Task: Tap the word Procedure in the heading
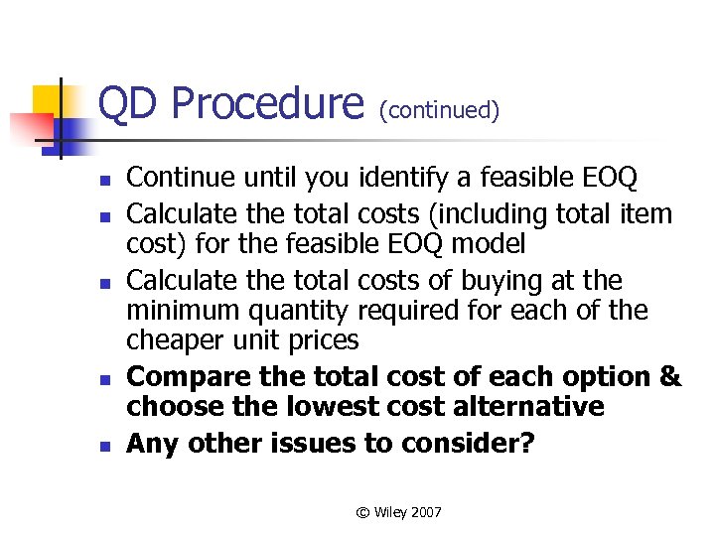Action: pyautogui.click(x=267, y=103)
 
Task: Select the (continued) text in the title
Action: pyautogui.click(x=438, y=110)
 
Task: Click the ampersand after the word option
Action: pyautogui.click(x=670, y=377)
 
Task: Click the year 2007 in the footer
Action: pyautogui.click(x=425, y=512)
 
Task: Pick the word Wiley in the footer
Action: pyautogui.click(x=389, y=512)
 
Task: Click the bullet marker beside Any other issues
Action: pyautogui.click(x=102, y=446)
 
